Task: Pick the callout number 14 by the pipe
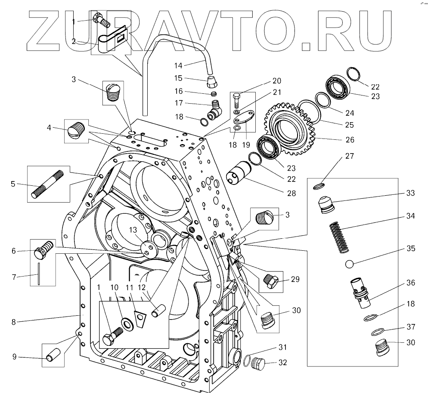[178, 65]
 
